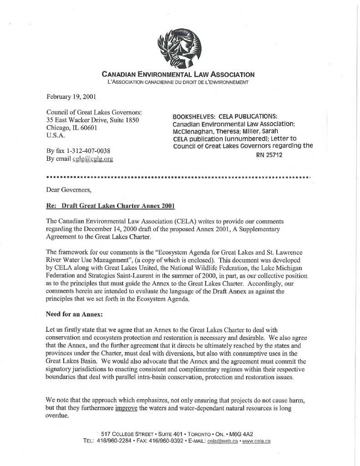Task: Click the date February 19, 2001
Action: [x=69, y=96]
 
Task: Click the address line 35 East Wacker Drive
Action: [x=92, y=120]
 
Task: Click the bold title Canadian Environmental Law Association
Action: [x=178, y=74]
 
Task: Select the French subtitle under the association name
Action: [x=178, y=82]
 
